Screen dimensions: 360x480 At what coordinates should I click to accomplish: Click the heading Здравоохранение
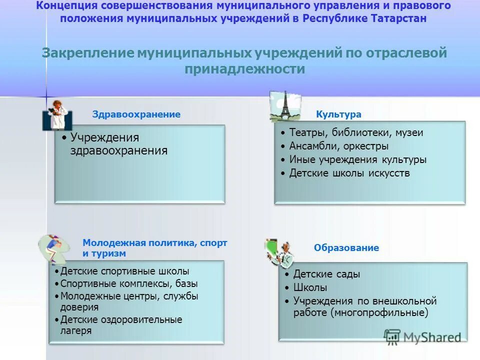(x=136, y=114)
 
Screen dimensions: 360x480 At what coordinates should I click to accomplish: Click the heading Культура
(x=338, y=114)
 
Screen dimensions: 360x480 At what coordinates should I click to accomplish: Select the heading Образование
(x=346, y=248)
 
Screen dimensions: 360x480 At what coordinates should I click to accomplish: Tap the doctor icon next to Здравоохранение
(x=56, y=115)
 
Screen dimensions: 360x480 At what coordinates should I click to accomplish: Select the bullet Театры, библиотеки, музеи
(x=356, y=133)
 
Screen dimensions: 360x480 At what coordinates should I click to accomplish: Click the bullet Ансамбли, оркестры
(x=338, y=146)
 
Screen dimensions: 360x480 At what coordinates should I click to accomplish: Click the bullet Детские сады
(x=326, y=274)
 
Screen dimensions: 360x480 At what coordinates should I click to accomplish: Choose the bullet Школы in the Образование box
(x=310, y=288)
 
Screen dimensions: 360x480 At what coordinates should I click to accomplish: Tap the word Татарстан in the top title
(x=399, y=18)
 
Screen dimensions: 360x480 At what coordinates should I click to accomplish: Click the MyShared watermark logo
(x=422, y=337)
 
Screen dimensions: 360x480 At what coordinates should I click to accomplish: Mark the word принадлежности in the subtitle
(x=244, y=69)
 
